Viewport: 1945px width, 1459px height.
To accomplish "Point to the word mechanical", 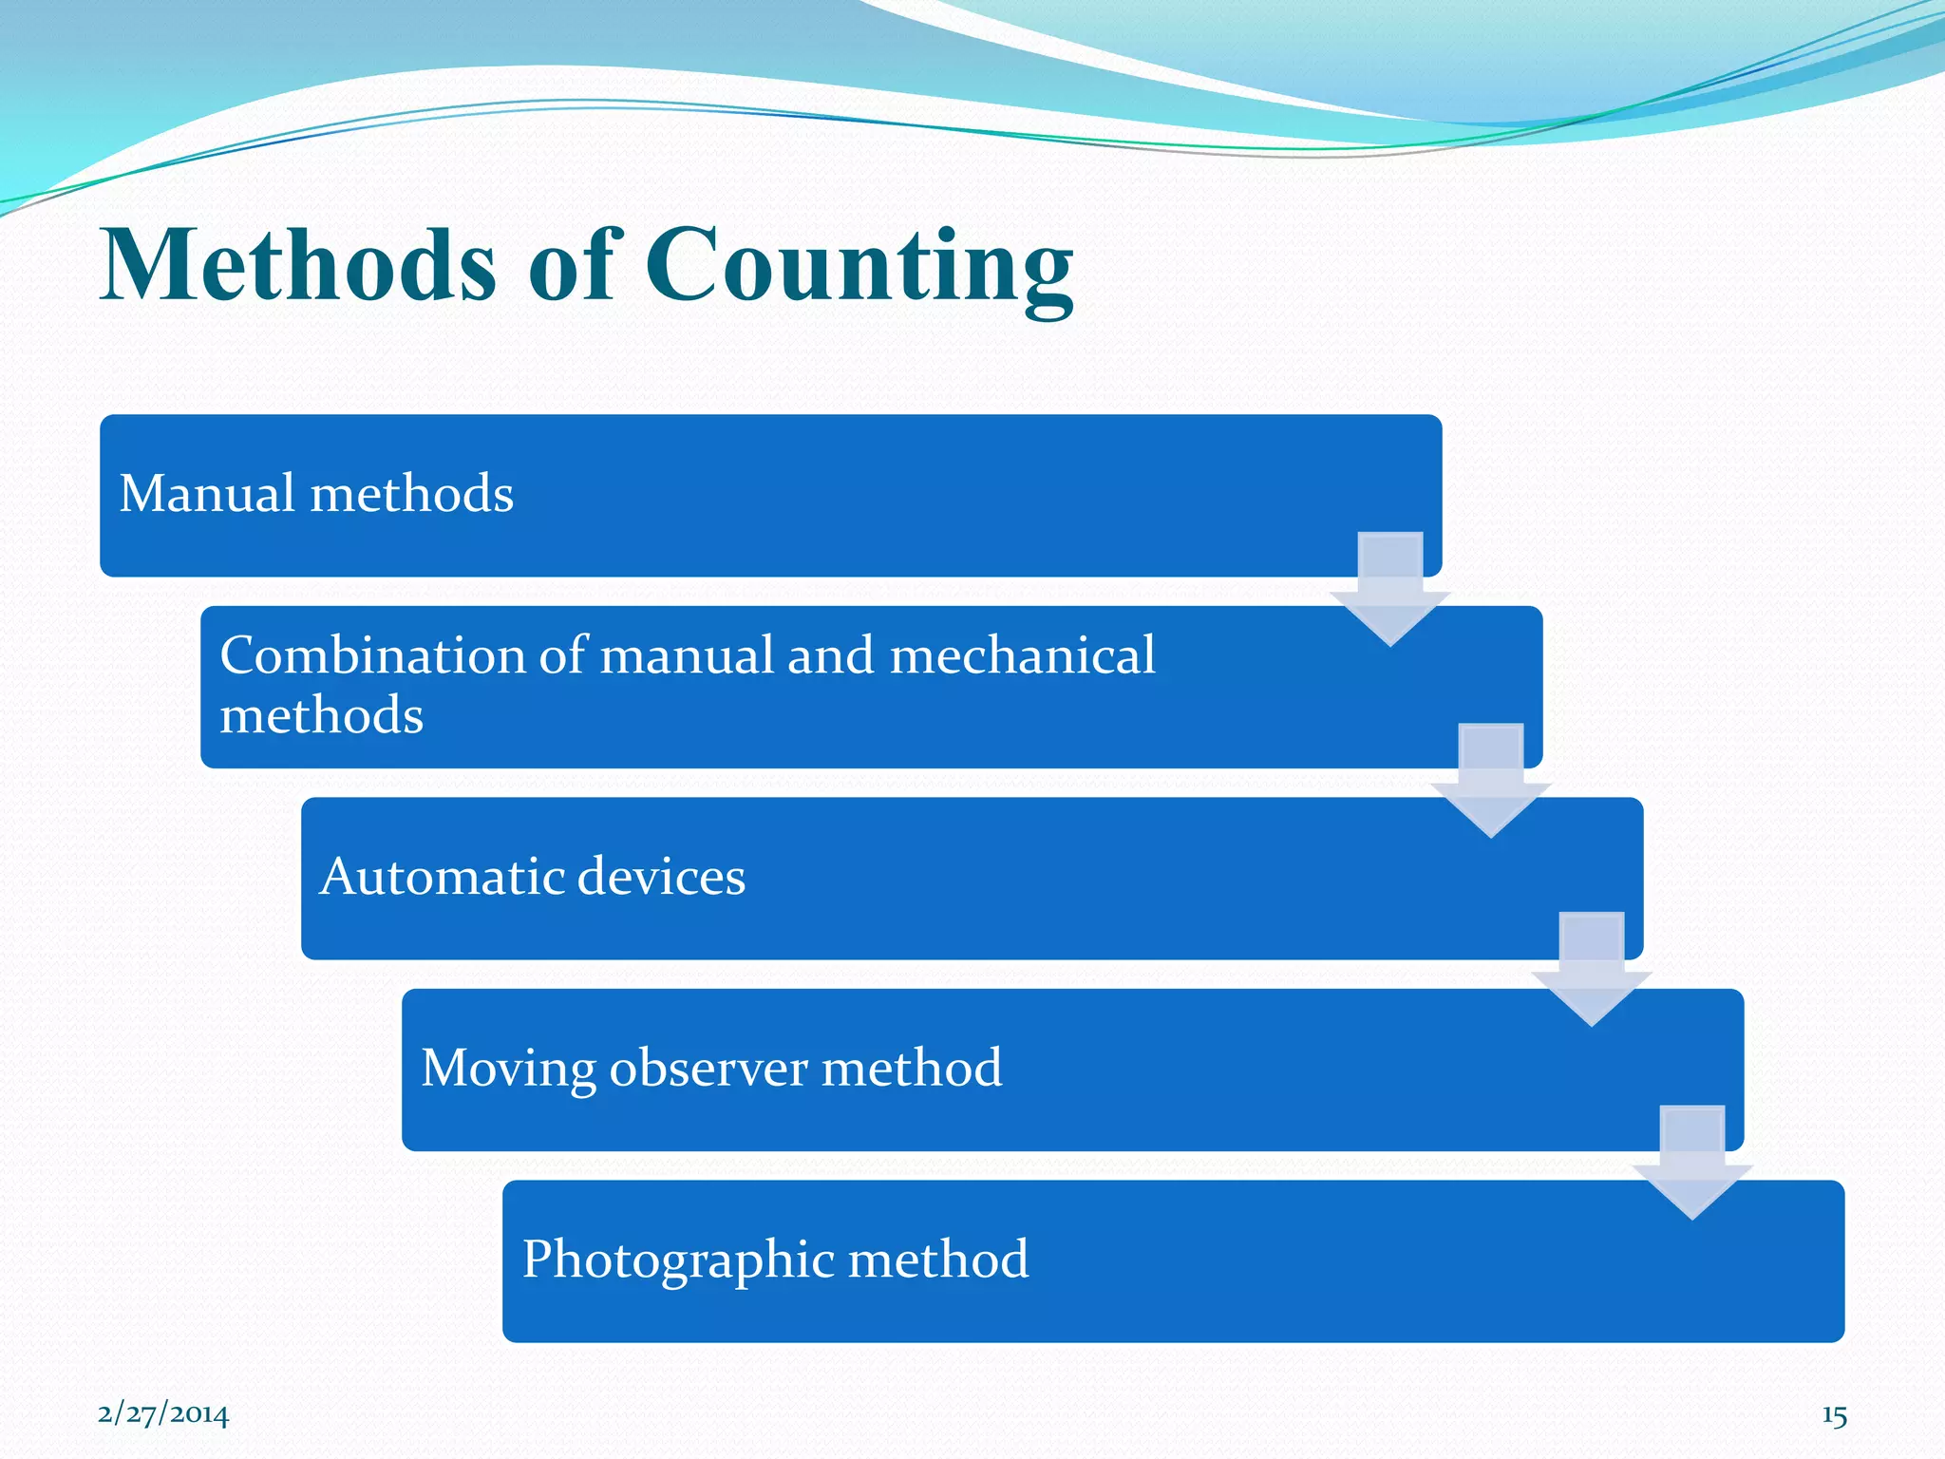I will point(1022,655).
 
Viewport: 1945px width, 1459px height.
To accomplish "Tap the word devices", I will point(661,876).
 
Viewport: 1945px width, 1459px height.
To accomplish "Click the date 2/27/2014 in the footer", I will point(163,1414).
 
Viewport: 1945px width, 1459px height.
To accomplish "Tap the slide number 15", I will point(1834,1416).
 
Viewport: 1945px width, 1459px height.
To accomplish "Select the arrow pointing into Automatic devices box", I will point(1491,782).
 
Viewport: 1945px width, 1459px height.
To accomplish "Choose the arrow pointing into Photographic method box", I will point(1692,1164).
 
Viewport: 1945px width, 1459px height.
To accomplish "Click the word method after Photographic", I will point(937,1260).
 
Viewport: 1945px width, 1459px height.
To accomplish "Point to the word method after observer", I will point(912,1068).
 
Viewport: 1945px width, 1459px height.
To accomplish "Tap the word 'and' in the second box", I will point(831,655).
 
